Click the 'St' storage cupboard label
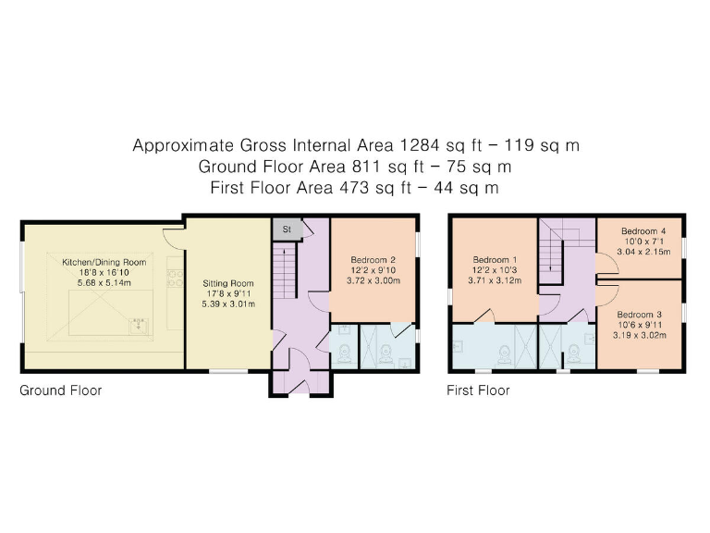(287, 228)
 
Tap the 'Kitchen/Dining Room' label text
(104, 263)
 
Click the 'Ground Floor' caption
(61, 390)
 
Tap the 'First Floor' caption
(478, 390)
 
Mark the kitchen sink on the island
(138, 324)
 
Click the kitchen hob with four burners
(173, 275)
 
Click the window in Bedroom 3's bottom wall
(647, 372)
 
